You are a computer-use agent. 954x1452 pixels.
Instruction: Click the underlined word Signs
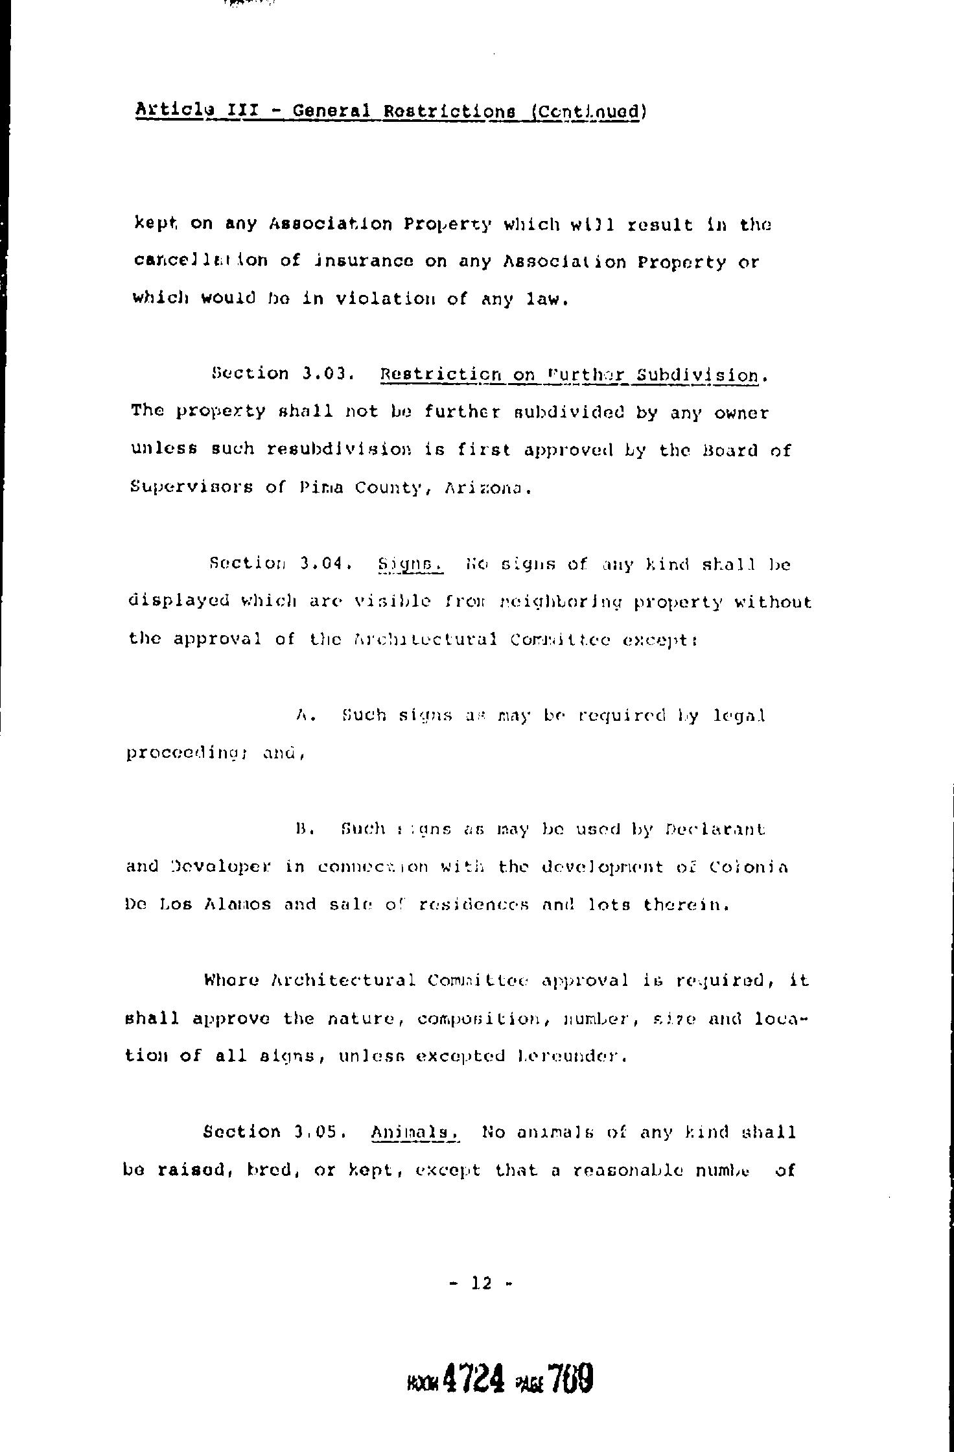tap(410, 564)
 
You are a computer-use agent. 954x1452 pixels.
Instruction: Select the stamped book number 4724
tap(474, 1379)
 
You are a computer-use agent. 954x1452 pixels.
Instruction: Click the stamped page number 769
tap(570, 1378)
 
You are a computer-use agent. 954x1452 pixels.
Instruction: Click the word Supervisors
tap(191, 487)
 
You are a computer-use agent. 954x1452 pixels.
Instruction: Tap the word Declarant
tap(715, 829)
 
